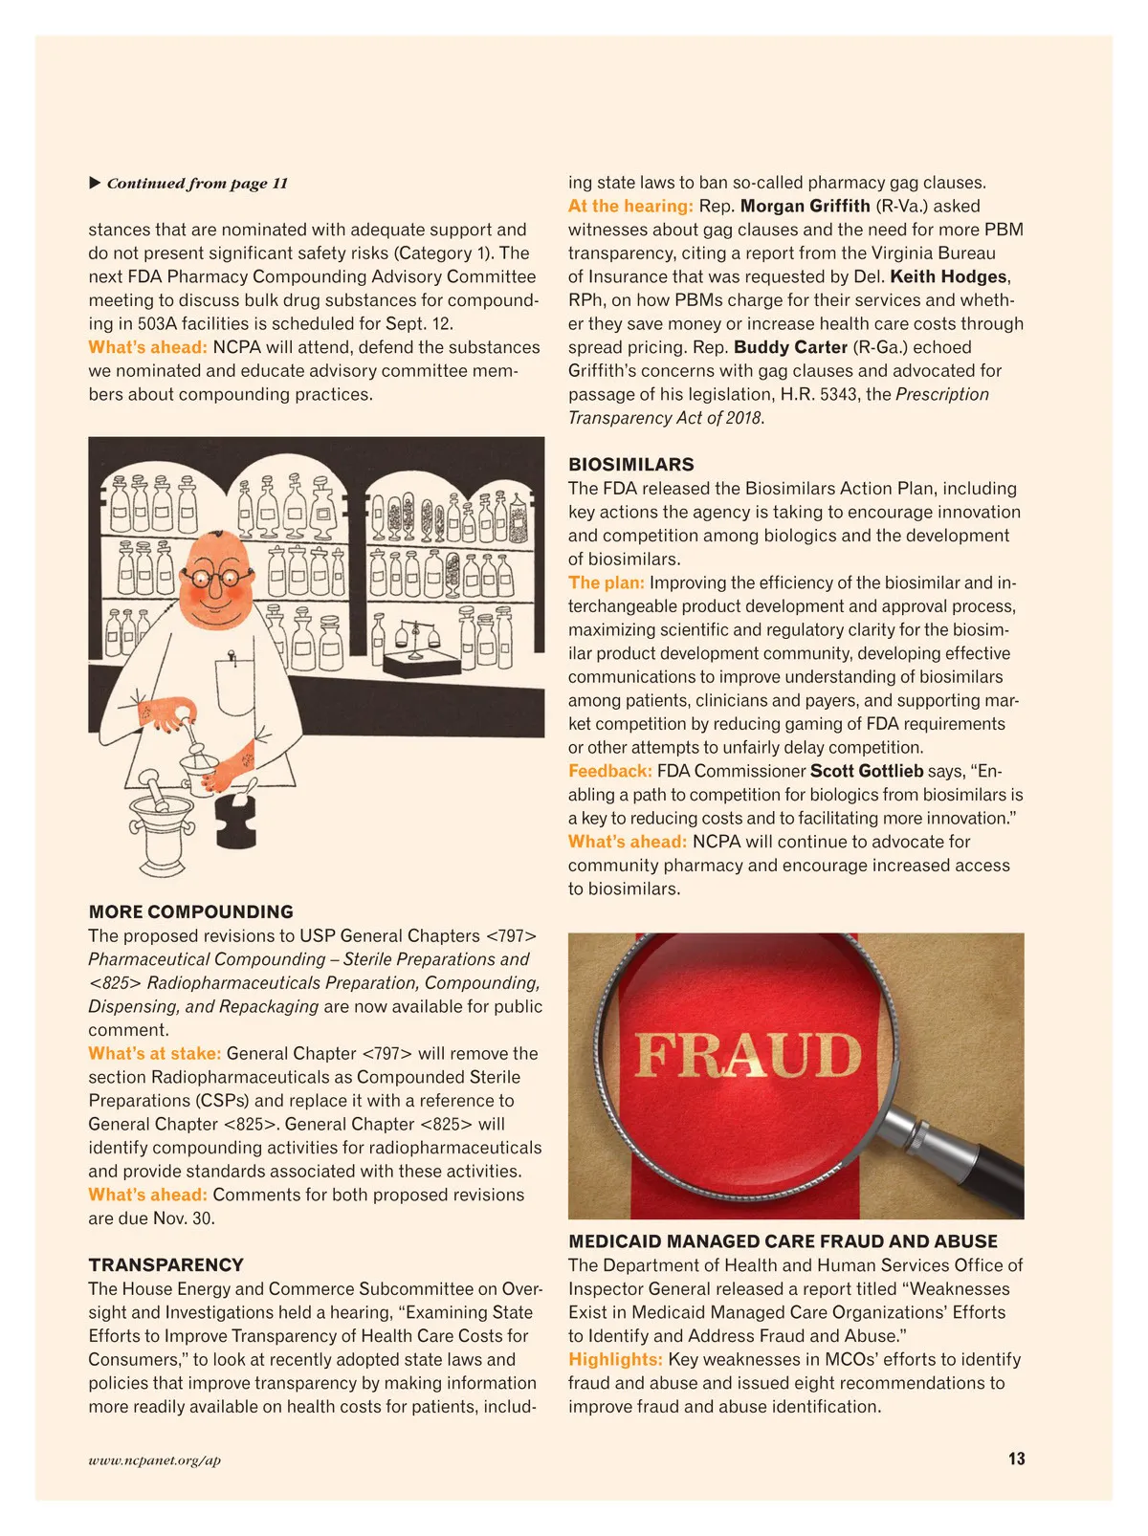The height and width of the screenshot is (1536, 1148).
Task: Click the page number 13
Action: [x=1016, y=1459]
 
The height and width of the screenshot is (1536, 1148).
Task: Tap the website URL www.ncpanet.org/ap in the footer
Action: [x=154, y=1459]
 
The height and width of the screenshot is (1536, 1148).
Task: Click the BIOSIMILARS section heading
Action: [x=630, y=465]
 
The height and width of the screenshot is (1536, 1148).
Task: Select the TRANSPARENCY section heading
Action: [x=166, y=1264]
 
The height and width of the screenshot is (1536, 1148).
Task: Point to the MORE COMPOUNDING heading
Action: [x=190, y=911]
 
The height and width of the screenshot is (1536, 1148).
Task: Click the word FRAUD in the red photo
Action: [x=748, y=1055]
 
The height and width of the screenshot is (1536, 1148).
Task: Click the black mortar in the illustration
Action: [x=236, y=818]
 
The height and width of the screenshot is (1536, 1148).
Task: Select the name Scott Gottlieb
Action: [x=867, y=771]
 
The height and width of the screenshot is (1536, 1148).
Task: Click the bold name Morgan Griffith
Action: [x=805, y=206]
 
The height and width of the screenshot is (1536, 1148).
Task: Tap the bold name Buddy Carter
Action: [x=790, y=347]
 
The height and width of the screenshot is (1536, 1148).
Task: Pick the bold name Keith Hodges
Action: [x=948, y=276]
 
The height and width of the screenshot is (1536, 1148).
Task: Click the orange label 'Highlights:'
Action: [x=615, y=1359]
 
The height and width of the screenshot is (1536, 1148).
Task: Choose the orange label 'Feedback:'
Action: [x=609, y=771]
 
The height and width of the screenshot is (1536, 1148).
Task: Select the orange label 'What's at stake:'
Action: [x=154, y=1053]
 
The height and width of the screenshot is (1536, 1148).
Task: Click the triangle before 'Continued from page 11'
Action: [x=95, y=183]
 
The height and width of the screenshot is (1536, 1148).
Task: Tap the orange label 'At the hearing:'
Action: [x=630, y=206]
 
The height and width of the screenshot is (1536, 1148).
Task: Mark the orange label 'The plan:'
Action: [x=606, y=582]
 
